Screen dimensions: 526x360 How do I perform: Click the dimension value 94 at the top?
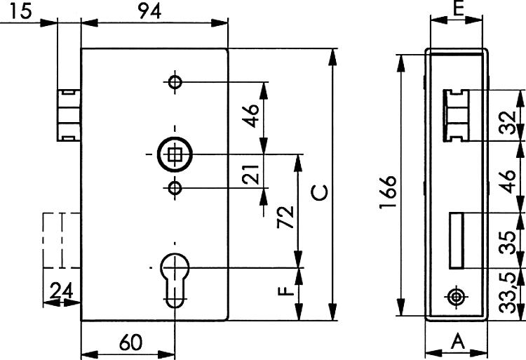(x=149, y=11)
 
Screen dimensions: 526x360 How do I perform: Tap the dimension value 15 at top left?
(x=20, y=11)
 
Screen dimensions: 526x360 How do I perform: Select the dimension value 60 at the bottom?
(x=131, y=342)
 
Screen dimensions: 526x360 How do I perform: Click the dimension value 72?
(x=285, y=217)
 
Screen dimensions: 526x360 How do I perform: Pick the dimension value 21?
(x=251, y=175)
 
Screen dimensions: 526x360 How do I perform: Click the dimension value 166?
(x=388, y=192)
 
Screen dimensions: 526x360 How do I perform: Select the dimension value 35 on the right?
(x=507, y=243)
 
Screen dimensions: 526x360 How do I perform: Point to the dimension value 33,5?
(x=507, y=293)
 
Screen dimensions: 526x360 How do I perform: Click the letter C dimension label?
(x=320, y=192)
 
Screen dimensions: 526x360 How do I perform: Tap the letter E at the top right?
(x=458, y=9)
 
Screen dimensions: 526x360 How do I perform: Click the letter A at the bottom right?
(x=458, y=342)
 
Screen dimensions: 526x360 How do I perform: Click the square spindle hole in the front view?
(x=175, y=154)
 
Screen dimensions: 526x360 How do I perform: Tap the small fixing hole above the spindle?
(x=175, y=81)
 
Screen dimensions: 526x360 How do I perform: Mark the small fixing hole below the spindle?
(x=175, y=188)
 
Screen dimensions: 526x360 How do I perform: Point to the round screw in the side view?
(x=456, y=298)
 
